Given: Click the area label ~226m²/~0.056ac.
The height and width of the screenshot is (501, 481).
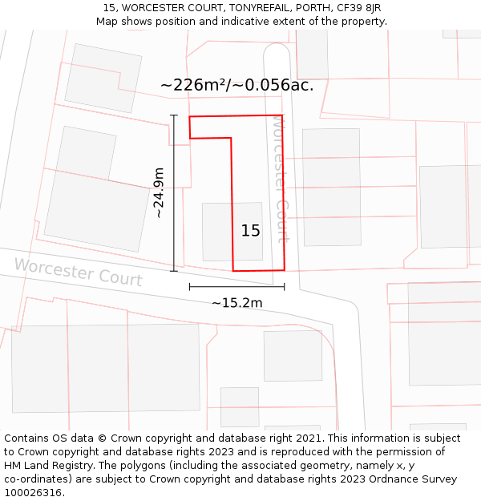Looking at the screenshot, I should [236, 85].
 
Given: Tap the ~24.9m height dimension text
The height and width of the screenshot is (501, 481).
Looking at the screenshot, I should [159, 193].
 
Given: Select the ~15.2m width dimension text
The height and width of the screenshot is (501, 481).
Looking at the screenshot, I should [236, 303].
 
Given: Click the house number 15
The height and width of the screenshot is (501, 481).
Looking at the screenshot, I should [250, 231].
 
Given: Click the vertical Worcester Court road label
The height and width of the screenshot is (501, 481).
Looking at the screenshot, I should [281, 178].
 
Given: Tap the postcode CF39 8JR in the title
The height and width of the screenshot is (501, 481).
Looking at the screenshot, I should [359, 8].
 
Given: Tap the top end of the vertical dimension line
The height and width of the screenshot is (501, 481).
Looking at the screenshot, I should [174, 115].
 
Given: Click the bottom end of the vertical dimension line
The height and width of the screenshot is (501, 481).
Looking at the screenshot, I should [174, 271].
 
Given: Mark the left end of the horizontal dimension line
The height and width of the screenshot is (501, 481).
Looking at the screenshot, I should [189, 287].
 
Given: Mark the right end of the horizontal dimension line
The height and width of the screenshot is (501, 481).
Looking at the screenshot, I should [285, 287].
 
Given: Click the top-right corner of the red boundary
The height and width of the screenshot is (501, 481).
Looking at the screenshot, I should [282, 115].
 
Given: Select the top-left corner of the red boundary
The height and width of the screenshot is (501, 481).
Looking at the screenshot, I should [189, 117].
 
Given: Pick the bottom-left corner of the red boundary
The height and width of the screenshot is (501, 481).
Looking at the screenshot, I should [233, 271].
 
